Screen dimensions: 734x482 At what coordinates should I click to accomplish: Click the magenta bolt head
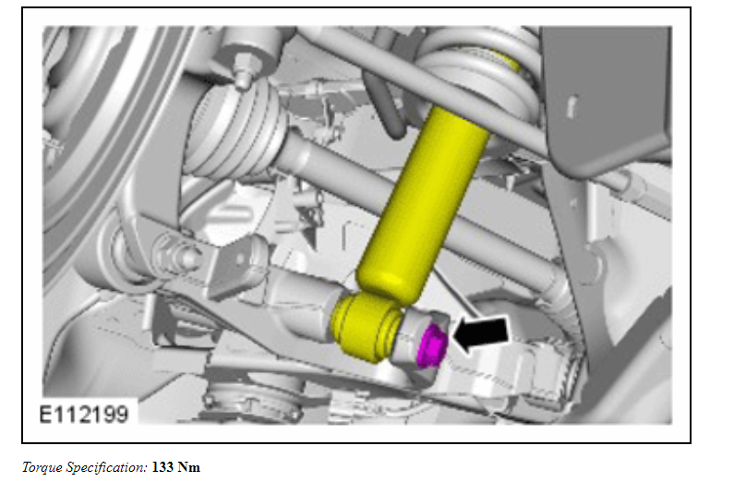pos(432,346)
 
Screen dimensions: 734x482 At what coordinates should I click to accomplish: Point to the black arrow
pos(481,333)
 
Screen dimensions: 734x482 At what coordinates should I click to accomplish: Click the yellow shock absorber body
pos(424,201)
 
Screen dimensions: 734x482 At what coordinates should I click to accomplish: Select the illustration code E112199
pos(83,415)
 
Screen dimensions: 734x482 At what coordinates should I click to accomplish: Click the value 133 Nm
pos(176,467)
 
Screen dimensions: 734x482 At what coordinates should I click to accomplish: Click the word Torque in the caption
pos(42,467)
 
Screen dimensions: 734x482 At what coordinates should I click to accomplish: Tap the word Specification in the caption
pos(107,467)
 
